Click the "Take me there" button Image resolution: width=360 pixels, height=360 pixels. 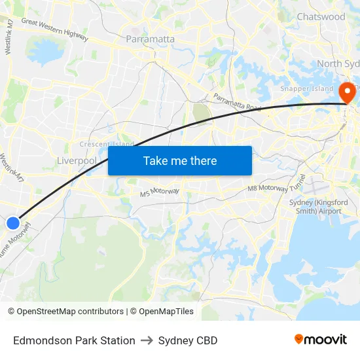point(180,160)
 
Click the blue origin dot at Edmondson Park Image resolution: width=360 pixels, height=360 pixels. point(13,223)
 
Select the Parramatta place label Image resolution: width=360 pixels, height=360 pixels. point(150,39)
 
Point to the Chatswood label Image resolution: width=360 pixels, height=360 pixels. point(321,16)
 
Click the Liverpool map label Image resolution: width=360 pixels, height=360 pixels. point(77,160)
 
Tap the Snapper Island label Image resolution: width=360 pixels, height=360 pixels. point(306,88)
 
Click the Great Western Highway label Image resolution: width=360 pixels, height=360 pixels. point(54,30)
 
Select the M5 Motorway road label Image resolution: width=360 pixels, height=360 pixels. point(159,192)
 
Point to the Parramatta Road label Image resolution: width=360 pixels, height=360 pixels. point(237,102)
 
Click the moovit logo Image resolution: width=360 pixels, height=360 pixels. point(321,340)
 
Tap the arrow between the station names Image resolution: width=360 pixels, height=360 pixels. point(147,340)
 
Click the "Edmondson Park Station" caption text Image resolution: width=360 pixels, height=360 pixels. point(74,340)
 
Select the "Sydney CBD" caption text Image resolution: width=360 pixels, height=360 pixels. point(188,340)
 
